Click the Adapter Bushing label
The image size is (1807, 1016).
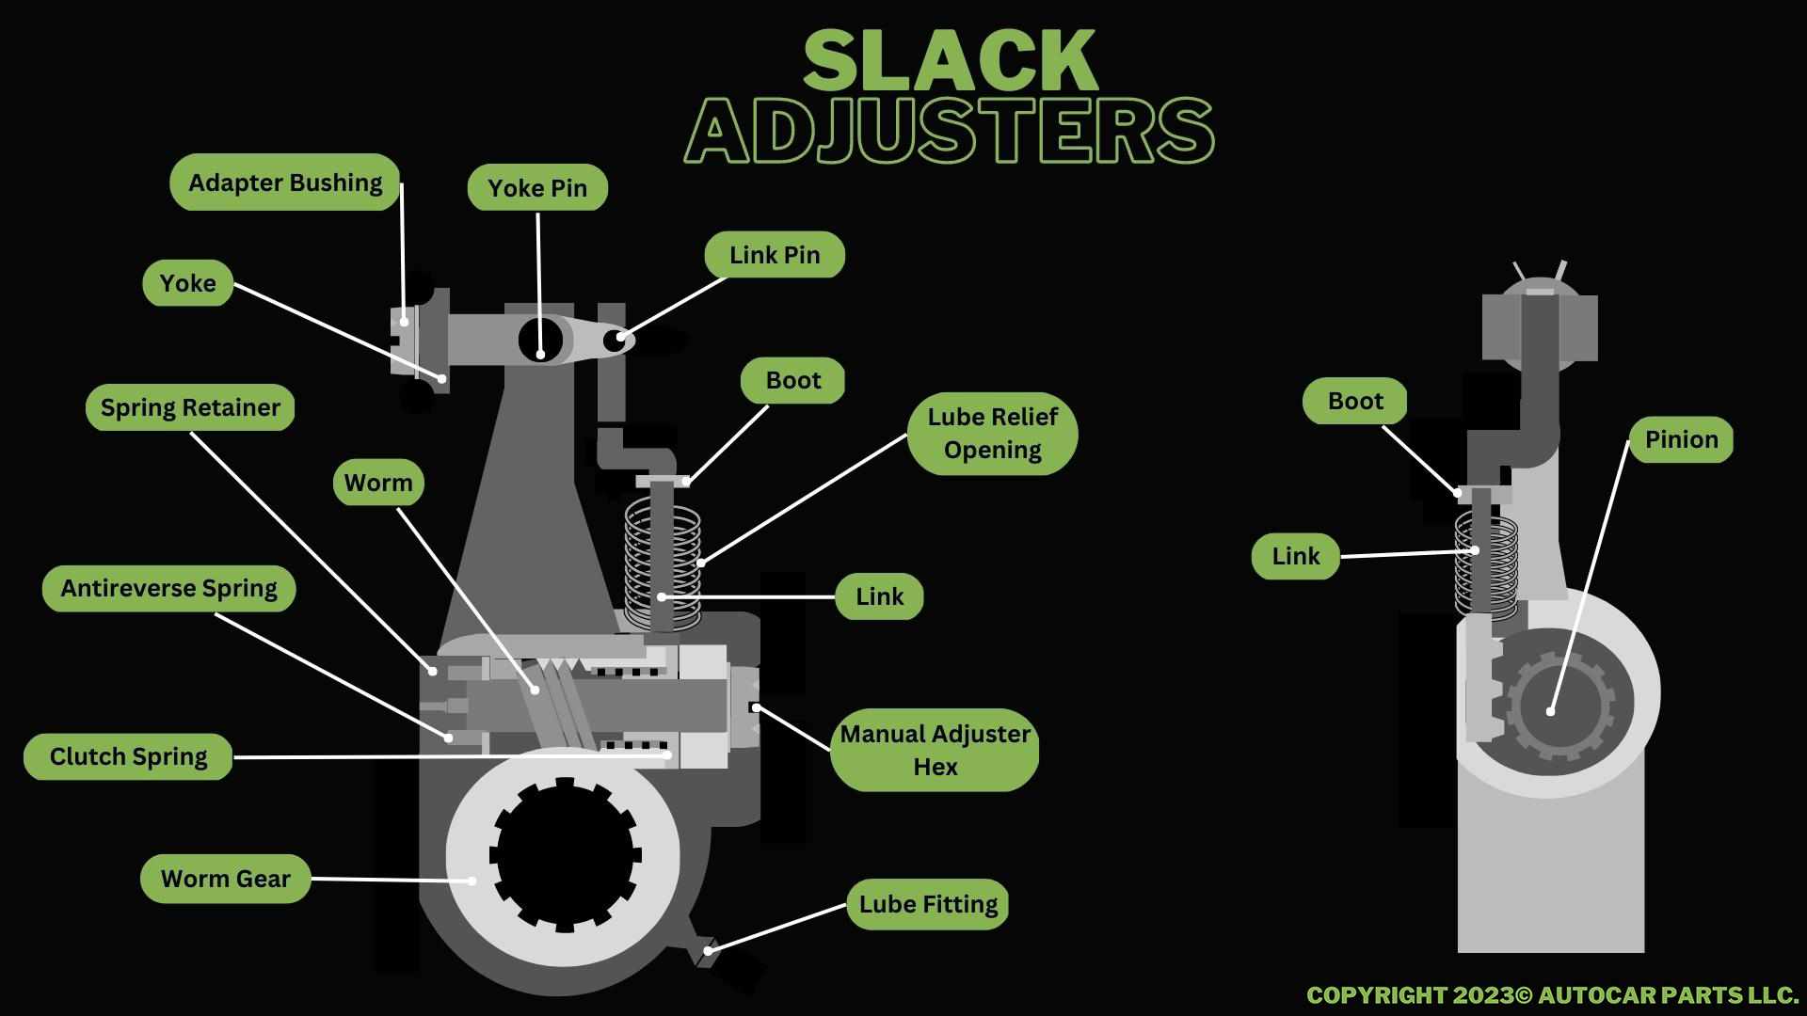[x=285, y=183]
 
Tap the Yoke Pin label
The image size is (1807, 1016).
[x=537, y=188]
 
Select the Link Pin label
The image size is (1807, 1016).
[x=775, y=255]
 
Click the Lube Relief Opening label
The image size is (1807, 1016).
[x=992, y=434]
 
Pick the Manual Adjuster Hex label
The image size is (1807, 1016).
[x=935, y=750]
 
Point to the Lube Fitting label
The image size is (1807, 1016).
[x=927, y=904]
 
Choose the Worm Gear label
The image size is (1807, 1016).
[x=225, y=879]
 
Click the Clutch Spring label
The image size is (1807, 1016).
[x=128, y=756]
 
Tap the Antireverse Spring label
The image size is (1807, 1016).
[x=168, y=589]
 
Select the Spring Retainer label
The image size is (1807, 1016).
[x=190, y=407]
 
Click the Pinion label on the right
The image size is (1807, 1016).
[x=1681, y=439]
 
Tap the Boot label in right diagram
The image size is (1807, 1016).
[x=1354, y=401]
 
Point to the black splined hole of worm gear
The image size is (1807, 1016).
[x=565, y=854]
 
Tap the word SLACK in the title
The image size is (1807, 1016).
[x=950, y=61]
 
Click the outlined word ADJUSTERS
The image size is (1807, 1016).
[x=949, y=130]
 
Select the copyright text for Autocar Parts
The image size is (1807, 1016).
[x=1552, y=994]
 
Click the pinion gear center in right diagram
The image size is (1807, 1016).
[x=1550, y=706]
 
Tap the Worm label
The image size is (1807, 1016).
[x=378, y=484]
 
